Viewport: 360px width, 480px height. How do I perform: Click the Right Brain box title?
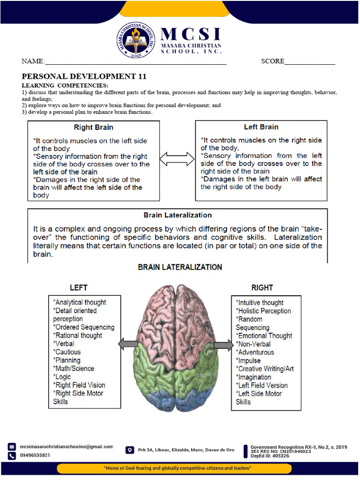click(93, 127)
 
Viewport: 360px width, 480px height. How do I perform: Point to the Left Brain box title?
click(261, 127)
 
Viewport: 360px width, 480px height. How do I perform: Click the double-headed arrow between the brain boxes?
click(177, 159)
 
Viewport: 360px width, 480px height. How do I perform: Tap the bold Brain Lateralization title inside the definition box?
click(177, 215)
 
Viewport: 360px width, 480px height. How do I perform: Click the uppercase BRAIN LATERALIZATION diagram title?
click(180, 267)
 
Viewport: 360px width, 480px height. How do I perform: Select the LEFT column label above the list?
click(78, 287)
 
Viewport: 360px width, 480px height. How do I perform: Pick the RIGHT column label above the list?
click(262, 287)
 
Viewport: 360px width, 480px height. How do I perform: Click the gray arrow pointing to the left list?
click(128, 345)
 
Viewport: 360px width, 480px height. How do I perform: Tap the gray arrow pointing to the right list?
click(224, 346)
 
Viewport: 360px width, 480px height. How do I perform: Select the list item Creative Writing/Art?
click(265, 369)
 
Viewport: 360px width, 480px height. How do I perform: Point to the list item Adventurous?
click(255, 352)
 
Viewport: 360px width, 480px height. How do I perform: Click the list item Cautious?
click(67, 352)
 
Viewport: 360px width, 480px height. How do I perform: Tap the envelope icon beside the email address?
click(12, 447)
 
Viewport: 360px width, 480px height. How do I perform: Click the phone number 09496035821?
click(35, 455)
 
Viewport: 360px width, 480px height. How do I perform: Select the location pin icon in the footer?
click(129, 450)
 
